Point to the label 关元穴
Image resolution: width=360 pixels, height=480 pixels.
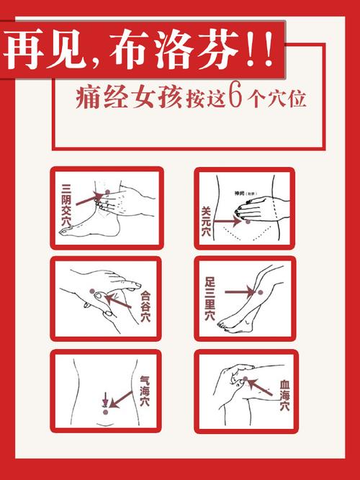point(206,221)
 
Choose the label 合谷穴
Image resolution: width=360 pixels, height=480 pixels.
point(146,304)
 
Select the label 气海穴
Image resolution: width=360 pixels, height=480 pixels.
point(145,394)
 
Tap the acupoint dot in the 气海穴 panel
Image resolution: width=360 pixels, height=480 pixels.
point(106,411)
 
